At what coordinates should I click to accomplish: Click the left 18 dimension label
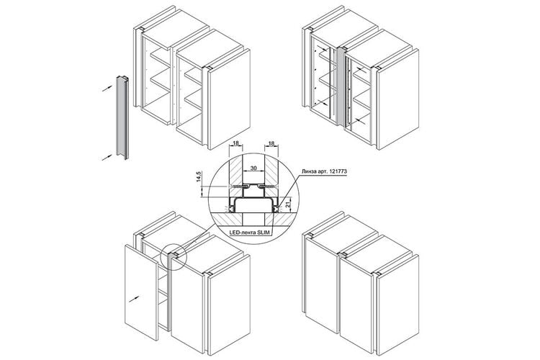click(236, 143)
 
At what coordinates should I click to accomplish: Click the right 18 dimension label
click(271, 143)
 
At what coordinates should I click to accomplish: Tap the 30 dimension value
click(253, 168)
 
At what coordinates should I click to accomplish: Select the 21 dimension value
click(289, 206)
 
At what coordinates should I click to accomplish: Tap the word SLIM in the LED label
click(263, 233)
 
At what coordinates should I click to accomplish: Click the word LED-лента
click(243, 233)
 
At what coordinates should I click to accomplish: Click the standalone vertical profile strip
click(122, 117)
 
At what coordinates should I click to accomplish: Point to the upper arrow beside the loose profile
click(107, 89)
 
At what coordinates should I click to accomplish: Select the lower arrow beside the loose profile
click(107, 158)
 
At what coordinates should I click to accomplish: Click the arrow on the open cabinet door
click(135, 299)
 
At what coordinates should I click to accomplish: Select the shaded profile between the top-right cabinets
click(341, 86)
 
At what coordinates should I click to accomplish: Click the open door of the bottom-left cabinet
click(141, 293)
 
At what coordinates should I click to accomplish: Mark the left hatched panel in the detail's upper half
click(236, 172)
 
